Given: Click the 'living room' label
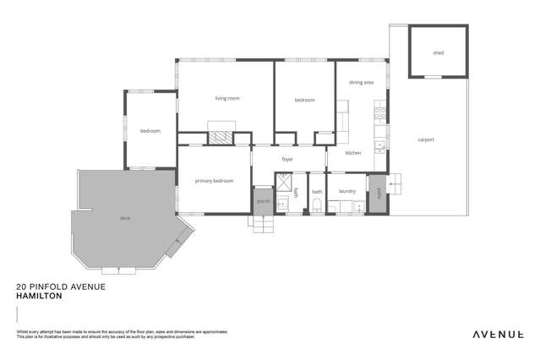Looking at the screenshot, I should [x=226, y=99].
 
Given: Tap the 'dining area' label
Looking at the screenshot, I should [x=361, y=83].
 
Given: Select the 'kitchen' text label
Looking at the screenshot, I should [x=353, y=153].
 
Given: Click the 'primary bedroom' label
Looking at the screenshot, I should [x=213, y=181].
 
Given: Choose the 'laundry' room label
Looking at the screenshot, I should [x=346, y=192].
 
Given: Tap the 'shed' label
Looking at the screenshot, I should [x=438, y=53].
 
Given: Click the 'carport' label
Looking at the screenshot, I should [x=425, y=139].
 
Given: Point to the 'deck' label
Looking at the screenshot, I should [x=124, y=218].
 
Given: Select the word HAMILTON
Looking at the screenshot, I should [x=40, y=297].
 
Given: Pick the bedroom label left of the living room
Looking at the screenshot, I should [x=150, y=131].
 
